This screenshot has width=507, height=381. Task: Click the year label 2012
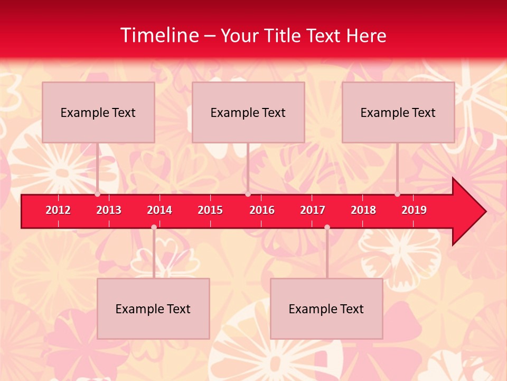click(x=58, y=210)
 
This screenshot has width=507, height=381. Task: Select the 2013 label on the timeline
click(x=109, y=210)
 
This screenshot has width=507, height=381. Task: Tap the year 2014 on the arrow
click(x=159, y=210)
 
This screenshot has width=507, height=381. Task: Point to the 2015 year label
click(x=210, y=210)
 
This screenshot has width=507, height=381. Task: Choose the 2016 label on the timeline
click(x=262, y=210)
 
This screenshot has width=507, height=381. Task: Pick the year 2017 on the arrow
click(x=313, y=210)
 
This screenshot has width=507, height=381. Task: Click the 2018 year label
click(x=363, y=210)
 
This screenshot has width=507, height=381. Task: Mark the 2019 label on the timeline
click(x=414, y=210)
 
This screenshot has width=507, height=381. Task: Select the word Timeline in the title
click(x=159, y=35)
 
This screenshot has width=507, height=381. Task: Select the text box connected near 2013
click(x=98, y=112)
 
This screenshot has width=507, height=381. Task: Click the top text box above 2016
click(x=248, y=112)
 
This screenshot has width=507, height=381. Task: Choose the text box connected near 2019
click(x=398, y=112)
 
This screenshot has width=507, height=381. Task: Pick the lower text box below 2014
click(x=153, y=309)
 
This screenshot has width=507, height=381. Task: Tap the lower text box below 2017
click(x=326, y=309)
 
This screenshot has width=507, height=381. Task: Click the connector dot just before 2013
click(x=97, y=194)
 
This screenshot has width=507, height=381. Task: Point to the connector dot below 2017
click(x=327, y=228)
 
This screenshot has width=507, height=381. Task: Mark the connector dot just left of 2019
click(x=397, y=194)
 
